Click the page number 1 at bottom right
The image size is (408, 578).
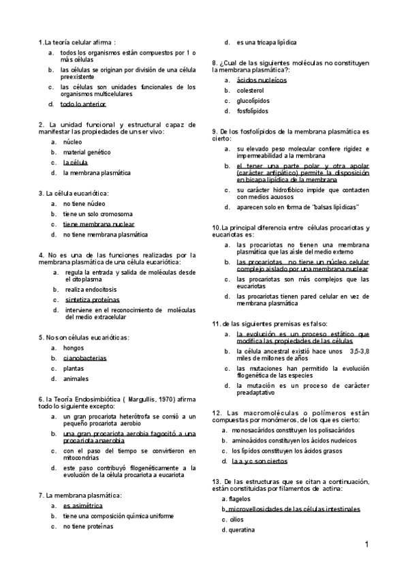pyautogui.click(x=366, y=544)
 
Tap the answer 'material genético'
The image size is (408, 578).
pyautogui.click(x=87, y=153)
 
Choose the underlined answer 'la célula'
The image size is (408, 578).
pyautogui.click(x=75, y=163)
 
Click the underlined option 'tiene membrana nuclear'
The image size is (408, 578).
pyautogui.click(x=98, y=224)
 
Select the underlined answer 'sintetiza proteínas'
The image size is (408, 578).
pyautogui.click(x=92, y=300)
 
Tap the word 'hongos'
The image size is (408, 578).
pyautogui.click(x=74, y=348)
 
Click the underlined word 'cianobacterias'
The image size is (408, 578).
pyautogui.click(x=84, y=358)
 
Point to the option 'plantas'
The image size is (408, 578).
pyautogui.click(x=74, y=368)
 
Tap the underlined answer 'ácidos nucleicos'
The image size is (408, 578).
pyautogui.click(x=262, y=80)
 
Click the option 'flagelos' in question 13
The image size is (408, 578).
pyautogui.click(x=240, y=499)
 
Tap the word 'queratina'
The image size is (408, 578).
pyautogui.click(x=242, y=530)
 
